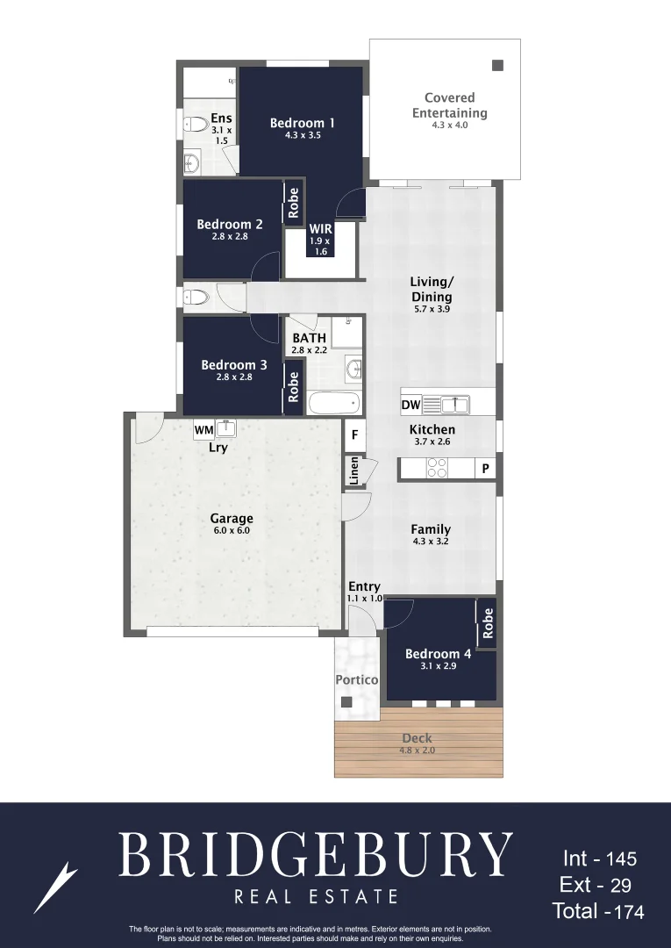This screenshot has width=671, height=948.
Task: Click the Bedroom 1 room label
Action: click(x=303, y=124)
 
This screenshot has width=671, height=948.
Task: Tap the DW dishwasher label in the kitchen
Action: click(x=410, y=406)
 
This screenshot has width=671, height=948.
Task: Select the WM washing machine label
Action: click(x=203, y=430)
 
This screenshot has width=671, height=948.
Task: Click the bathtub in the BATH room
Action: click(x=334, y=404)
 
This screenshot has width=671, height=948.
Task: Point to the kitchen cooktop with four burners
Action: click(x=437, y=469)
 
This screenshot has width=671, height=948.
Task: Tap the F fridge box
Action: click(x=355, y=434)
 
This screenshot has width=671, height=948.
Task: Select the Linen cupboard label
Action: click(x=354, y=470)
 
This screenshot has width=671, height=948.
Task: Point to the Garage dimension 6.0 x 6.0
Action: click(x=232, y=530)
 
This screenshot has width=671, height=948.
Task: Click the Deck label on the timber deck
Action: click(x=418, y=739)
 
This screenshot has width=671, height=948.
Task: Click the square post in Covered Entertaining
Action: click(x=497, y=65)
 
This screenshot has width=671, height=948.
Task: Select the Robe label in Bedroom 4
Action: click(x=489, y=623)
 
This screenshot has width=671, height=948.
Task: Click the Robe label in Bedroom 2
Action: click(x=294, y=203)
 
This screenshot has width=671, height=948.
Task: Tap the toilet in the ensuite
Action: click(x=195, y=125)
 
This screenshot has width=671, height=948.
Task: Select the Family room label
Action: click(x=431, y=529)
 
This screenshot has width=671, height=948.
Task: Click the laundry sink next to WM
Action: click(x=225, y=428)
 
